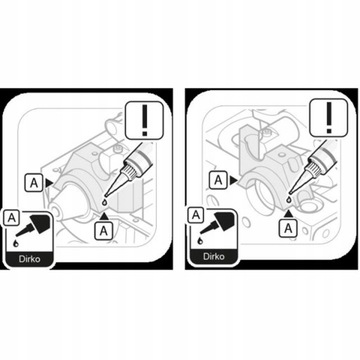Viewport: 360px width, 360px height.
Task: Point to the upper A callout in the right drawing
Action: pos(214,180)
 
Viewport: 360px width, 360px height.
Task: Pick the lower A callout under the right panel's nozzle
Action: pos(289,229)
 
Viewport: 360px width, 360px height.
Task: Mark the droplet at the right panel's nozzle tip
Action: pos(289,199)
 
